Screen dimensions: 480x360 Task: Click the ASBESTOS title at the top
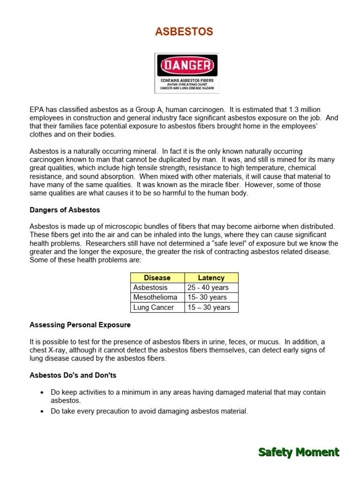[184, 32]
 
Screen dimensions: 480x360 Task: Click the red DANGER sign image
[187, 73]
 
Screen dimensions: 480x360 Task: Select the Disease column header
[157, 277]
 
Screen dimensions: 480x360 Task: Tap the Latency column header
[211, 277]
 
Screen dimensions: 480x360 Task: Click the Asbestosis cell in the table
[150, 287]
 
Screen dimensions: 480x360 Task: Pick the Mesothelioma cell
[155, 297]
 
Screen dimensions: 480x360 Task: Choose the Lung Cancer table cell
[153, 307]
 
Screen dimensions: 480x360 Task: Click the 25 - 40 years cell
[208, 287]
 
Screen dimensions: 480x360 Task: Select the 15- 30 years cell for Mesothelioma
[207, 297]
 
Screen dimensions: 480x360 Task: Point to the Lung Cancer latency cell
[209, 307]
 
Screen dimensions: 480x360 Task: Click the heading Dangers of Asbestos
[65, 210]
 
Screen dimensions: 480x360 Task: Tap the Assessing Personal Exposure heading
[80, 325]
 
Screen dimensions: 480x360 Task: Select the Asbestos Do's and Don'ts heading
[73, 375]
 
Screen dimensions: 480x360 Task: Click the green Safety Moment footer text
[299, 452]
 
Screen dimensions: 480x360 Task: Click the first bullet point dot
[42, 392]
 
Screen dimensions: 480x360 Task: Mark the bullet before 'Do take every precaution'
[42, 412]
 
